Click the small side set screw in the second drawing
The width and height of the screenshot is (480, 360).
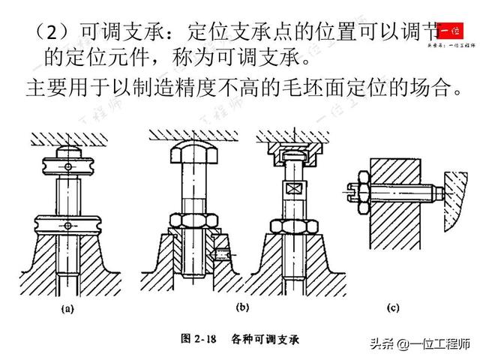coord(220,253)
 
